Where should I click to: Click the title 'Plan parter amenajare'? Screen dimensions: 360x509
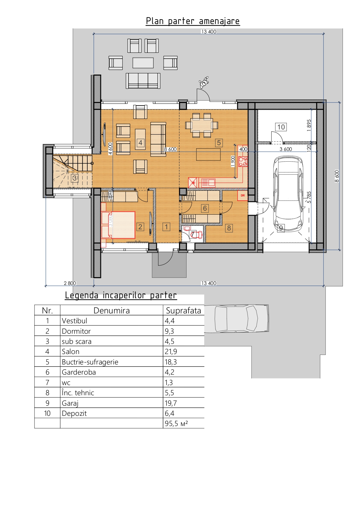click(x=193, y=21)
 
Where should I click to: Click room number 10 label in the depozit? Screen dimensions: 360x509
click(x=281, y=127)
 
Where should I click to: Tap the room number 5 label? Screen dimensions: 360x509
click(x=219, y=143)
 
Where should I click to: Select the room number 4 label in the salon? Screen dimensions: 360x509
click(x=140, y=143)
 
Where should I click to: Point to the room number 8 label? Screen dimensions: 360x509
click(x=229, y=228)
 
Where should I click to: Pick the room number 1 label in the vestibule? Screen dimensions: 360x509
click(x=166, y=227)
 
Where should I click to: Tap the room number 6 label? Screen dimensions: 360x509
click(x=205, y=208)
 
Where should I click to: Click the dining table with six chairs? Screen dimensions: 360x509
click(x=202, y=125)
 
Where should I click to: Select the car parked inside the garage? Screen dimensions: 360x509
click(x=288, y=194)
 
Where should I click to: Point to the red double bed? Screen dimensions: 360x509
click(x=118, y=225)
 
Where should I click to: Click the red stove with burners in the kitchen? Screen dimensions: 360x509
click(x=243, y=161)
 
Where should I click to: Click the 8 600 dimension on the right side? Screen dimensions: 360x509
click(x=337, y=176)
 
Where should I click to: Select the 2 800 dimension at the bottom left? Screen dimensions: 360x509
click(x=70, y=283)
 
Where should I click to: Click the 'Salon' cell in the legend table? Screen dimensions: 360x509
click(x=70, y=352)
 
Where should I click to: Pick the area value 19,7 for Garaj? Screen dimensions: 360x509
click(x=171, y=403)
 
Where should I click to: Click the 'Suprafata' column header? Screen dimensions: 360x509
click(x=183, y=311)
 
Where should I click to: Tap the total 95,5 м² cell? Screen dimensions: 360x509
click(x=176, y=423)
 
